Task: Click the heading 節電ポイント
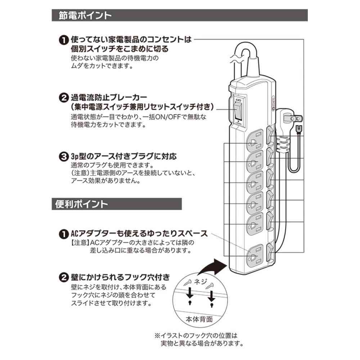pos(85,16)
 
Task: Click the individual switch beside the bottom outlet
pos(271,251)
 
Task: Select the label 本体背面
pos(199,319)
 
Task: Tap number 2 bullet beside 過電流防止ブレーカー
pos(63,98)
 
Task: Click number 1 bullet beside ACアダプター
pos(63,234)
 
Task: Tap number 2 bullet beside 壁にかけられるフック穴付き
pos(63,278)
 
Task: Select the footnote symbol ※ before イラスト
pos(157,335)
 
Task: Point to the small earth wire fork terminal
pos(298,129)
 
